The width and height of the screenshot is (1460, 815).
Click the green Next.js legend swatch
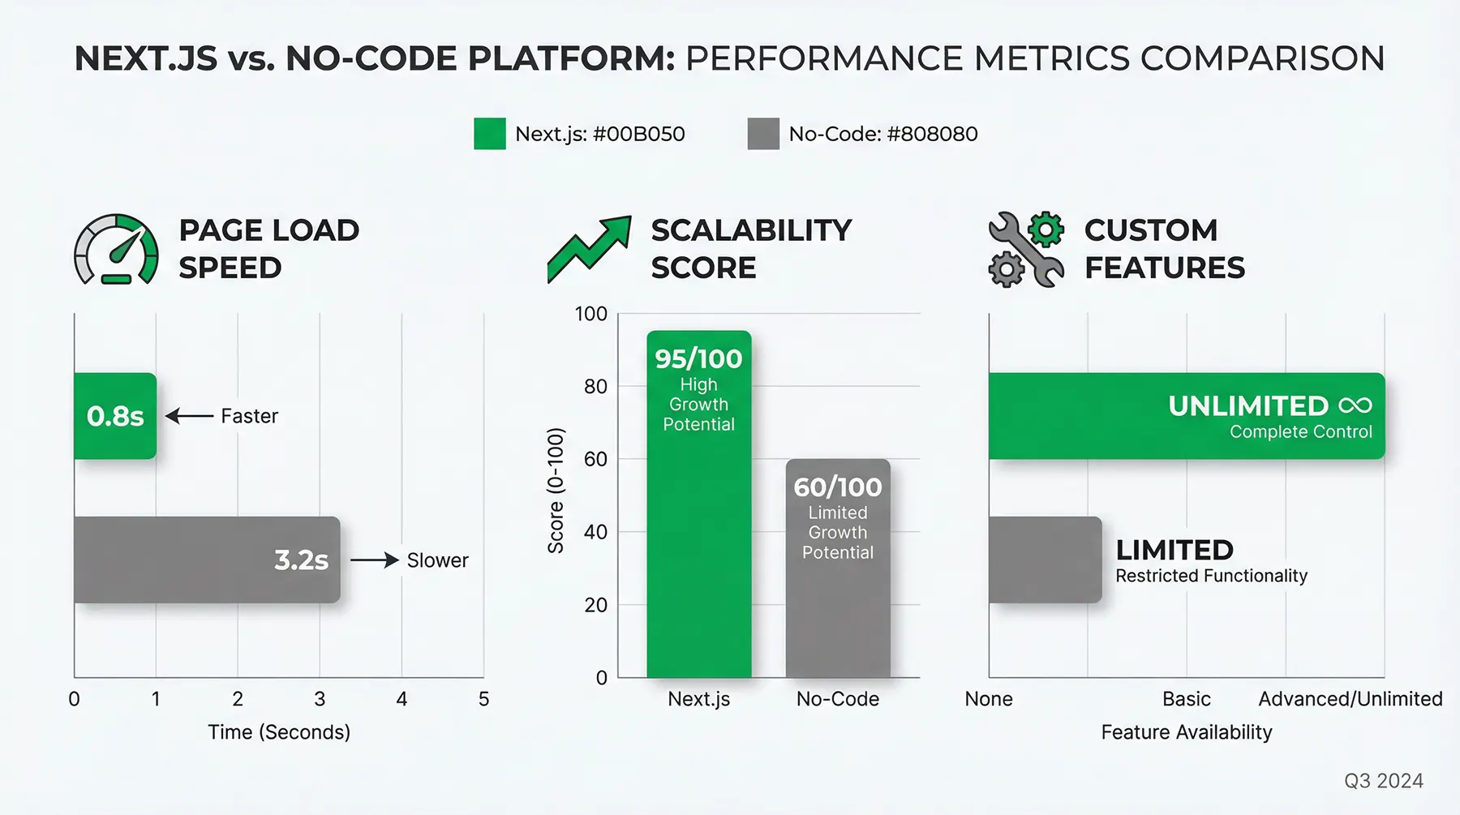tap(489, 134)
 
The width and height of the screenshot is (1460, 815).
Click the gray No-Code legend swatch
tap(763, 134)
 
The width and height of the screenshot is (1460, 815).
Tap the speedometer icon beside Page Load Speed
tap(116, 250)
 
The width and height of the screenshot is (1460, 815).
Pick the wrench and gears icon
tap(1026, 249)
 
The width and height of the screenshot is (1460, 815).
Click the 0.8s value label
tap(115, 416)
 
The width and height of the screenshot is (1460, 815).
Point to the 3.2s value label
tap(301, 560)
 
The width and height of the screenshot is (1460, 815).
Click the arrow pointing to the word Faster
tap(190, 416)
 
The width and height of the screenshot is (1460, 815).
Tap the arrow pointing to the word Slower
tap(374, 560)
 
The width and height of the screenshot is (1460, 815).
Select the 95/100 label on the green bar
tap(698, 358)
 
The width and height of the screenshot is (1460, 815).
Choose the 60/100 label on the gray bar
tap(837, 487)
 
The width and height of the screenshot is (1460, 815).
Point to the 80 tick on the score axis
tap(595, 387)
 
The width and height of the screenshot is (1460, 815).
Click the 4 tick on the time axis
tap(401, 699)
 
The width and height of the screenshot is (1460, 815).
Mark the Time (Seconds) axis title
tap(279, 732)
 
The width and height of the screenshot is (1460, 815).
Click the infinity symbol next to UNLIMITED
tap(1355, 405)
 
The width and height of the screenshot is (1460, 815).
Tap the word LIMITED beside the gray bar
tap(1174, 550)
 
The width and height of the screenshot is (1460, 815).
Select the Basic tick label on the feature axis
tap(1186, 699)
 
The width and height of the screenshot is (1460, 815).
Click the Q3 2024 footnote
tap(1383, 781)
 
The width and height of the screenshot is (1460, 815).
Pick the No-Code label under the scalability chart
tap(837, 699)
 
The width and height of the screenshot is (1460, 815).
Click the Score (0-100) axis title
tap(556, 491)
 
